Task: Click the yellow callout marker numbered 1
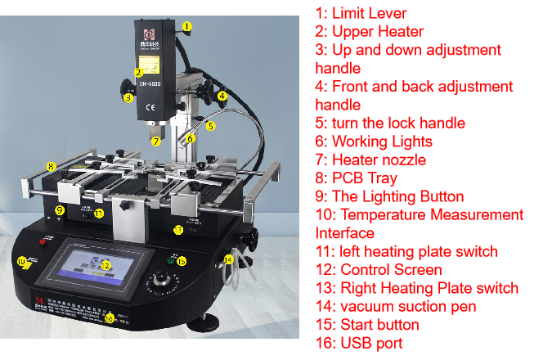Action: (x=187, y=26)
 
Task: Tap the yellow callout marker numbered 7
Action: (x=155, y=141)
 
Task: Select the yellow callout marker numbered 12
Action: (x=105, y=265)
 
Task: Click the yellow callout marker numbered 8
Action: (x=51, y=166)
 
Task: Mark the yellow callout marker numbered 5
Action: (x=210, y=126)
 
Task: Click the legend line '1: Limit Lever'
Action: (x=361, y=13)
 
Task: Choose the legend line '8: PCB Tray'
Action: (x=357, y=178)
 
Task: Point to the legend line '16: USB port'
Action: (x=359, y=343)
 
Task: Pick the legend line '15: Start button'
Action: (x=368, y=325)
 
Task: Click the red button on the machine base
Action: (x=43, y=242)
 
